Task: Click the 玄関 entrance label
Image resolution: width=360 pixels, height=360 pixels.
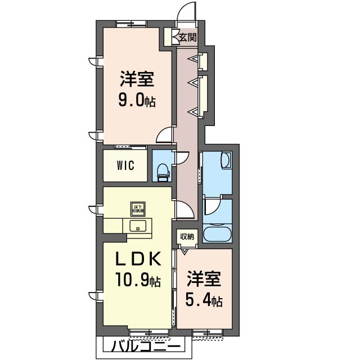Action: pyautogui.click(x=188, y=38)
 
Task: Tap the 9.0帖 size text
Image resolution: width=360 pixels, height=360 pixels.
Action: pyautogui.click(x=137, y=102)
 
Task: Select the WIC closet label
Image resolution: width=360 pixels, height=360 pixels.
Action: pyautogui.click(x=125, y=166)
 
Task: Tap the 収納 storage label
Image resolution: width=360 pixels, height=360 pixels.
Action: pyautogui.click(x=187, y=237)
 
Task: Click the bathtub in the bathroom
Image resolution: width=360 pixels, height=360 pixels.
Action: pyautogui.click(x=217, y=234)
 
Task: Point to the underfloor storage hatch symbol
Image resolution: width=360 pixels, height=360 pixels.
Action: pyautogui.click(x=137, y=210)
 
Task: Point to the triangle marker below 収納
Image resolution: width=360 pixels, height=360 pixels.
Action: pyautogui.click(x=182, y=246)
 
